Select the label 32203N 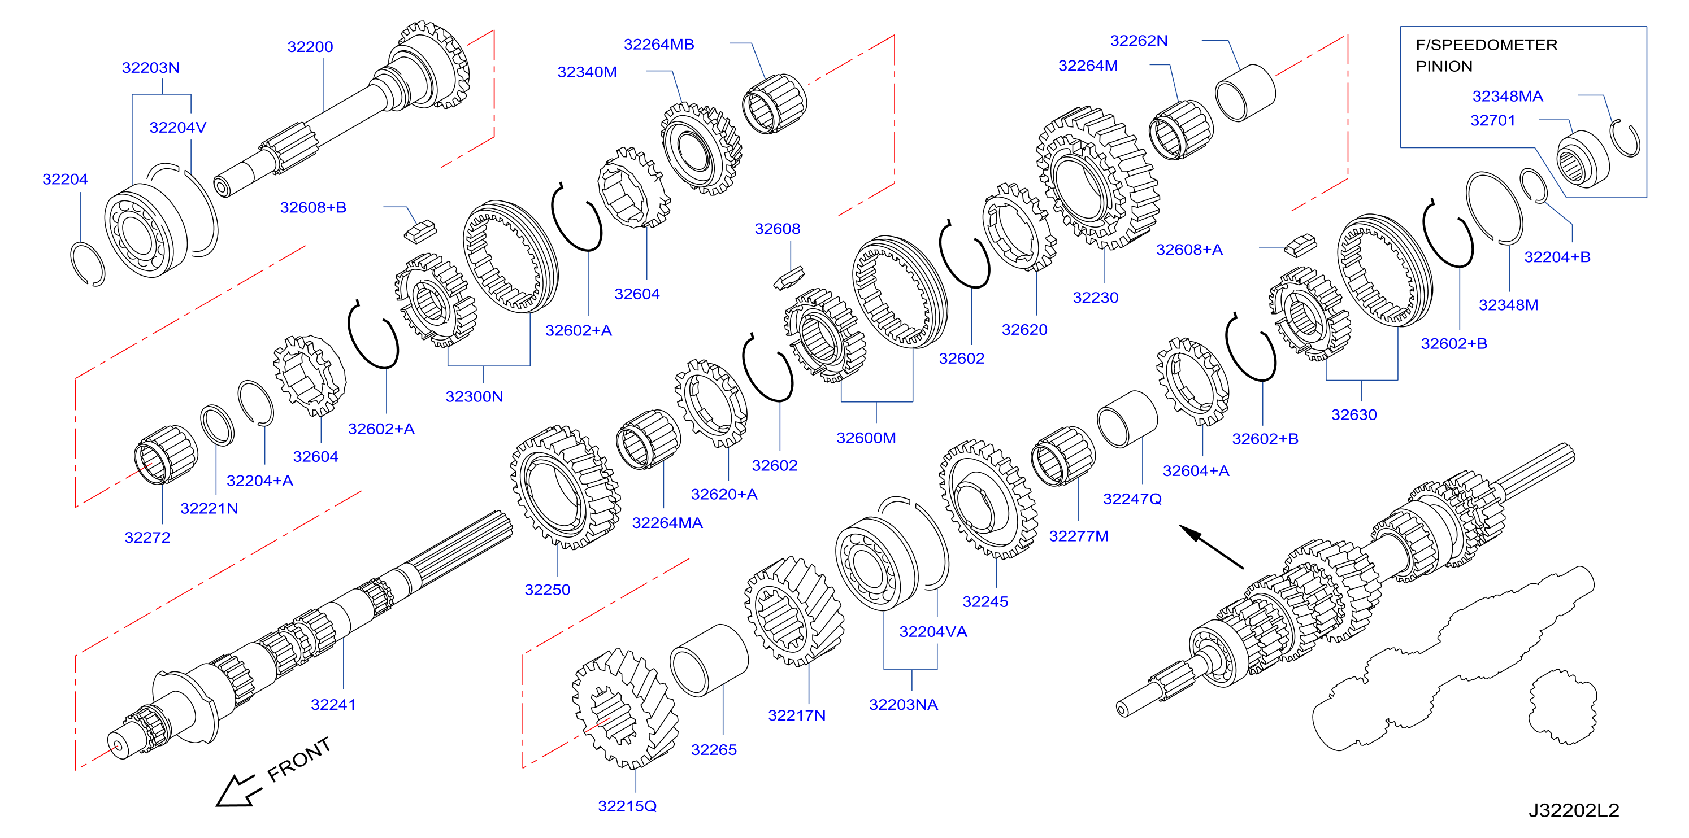pos(151,68)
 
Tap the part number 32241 pos(333,705)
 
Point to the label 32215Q pos(627,806)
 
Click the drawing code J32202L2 pos(1574,811)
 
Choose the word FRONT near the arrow pos(299,760)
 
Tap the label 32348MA pos(1508,97)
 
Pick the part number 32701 pos(1493,120)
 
